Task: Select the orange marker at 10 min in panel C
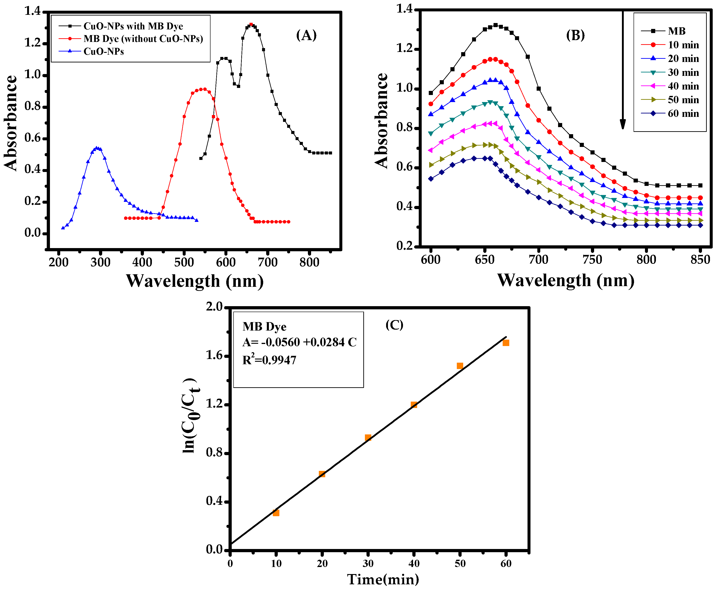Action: click(276, 513)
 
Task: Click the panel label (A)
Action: click(306, 35)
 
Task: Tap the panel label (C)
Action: click(394, 325)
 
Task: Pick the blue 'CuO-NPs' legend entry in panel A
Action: click(104, 51)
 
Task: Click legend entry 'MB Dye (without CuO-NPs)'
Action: click(143, 39)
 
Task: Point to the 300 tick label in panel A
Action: click(100, 262)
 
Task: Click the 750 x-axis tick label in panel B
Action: click(593, 260)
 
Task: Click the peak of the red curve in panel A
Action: click(203, 89)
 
